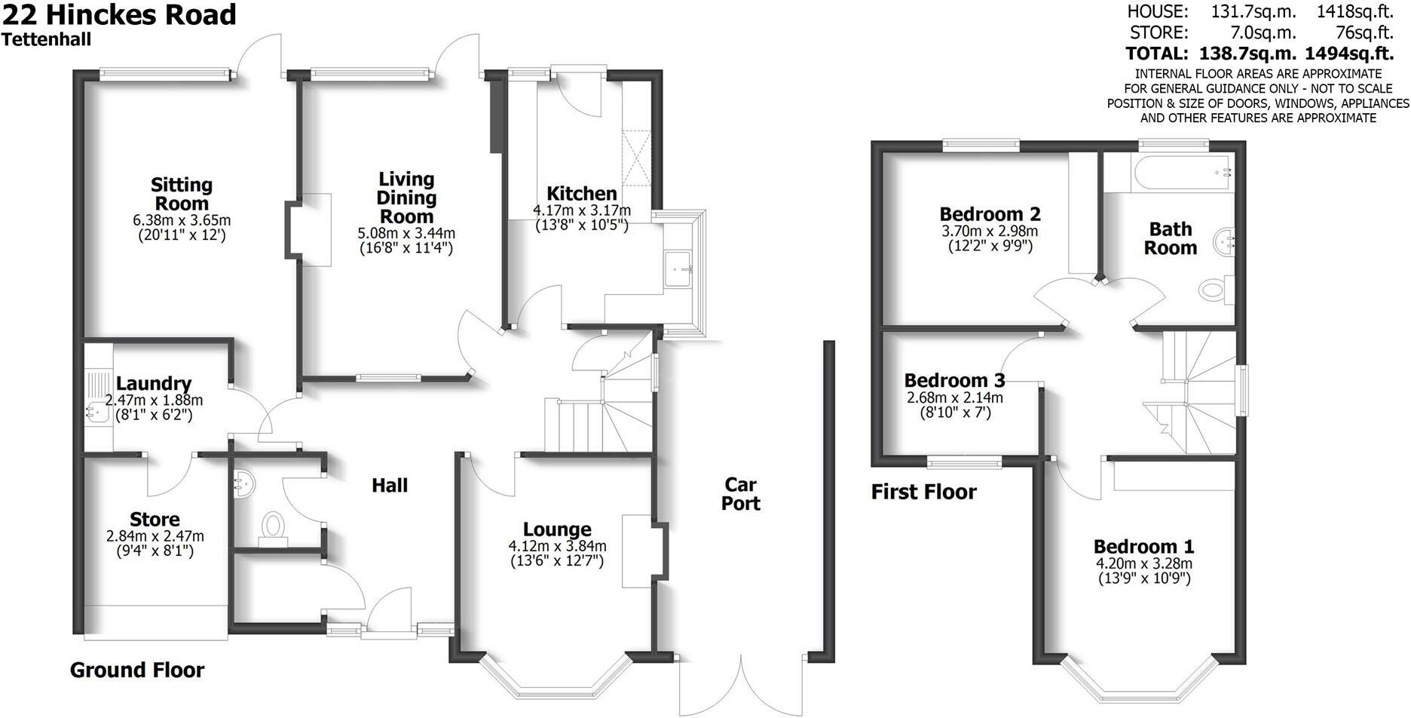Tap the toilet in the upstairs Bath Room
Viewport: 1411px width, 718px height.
click(x=1215, y=289)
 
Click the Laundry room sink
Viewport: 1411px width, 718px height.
click(x=96, y=412)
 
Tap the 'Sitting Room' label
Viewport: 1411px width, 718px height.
click(x=182, y=194)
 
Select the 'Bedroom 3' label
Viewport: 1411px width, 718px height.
click(x=954, y=380)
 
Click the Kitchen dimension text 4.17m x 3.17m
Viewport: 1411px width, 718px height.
click(x=582, y=210)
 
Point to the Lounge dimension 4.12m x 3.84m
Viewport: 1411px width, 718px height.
click(x=558, y=546)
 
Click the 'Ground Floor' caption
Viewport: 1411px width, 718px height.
click(x=137, y=670)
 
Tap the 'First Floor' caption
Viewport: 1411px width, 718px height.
click(x=924, y=492)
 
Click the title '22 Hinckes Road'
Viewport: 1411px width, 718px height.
click(x=119, y=15)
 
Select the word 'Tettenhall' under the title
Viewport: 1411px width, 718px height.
click(x=47, y=40)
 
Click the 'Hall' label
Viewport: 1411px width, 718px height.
click(x=390, y=486)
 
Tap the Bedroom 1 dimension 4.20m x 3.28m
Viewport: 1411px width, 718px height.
click(x=1144, y=563)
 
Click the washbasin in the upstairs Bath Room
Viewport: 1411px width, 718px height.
click(x=1225, y=243)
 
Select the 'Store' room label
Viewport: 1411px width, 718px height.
click(x=155, y=520)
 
